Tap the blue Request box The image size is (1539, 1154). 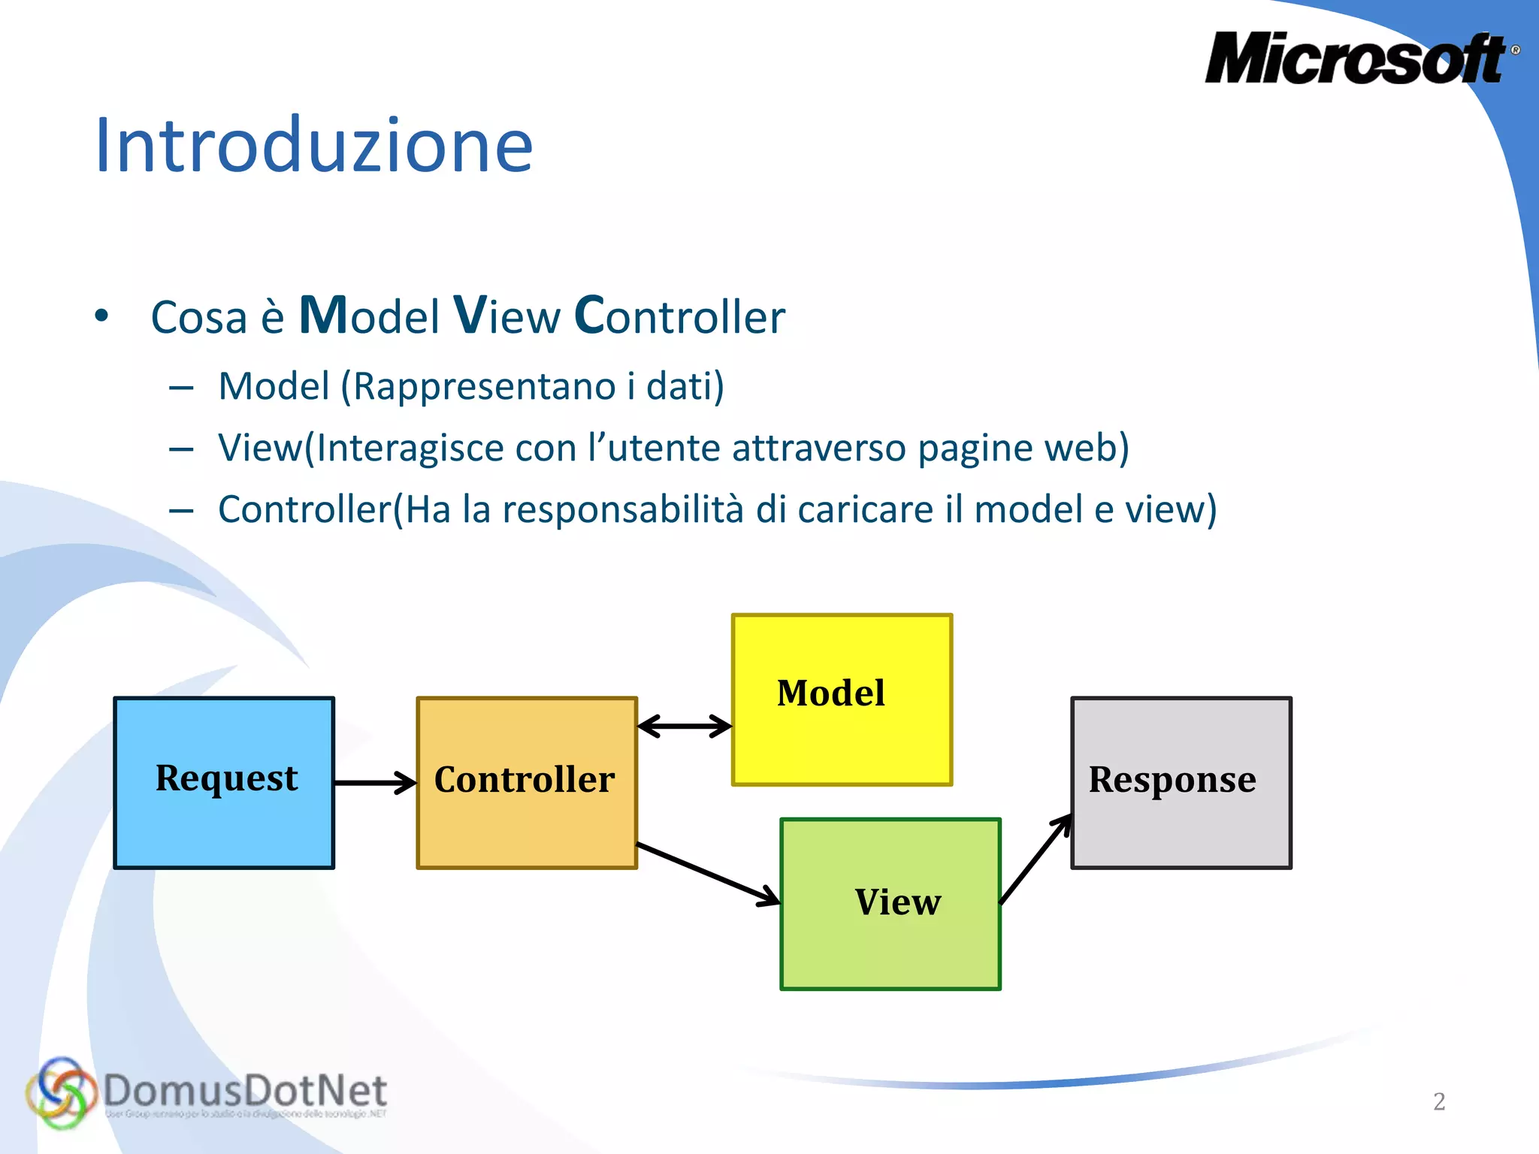click(x=224, y=782)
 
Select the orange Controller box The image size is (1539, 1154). click(x=526, y=782)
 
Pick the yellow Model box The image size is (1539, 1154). click(x=842, y=699)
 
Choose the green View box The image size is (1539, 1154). click(x=890, y=904)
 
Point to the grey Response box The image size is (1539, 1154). click(x=1181, y=782)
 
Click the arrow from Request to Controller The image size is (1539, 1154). click(x=375, y=783)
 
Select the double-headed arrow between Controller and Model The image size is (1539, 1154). click(x=685, y=726)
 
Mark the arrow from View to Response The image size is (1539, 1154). click(x=1036, y=859)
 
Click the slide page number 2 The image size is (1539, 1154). click(x=1439, y=1101)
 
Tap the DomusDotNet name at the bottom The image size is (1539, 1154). click(x=245, y=1090)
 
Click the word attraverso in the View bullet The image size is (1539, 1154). click(x=818, y=449)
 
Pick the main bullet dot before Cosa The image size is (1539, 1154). click(x=102, y=316)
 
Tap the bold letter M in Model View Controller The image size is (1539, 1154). click(x=323, y=315)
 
